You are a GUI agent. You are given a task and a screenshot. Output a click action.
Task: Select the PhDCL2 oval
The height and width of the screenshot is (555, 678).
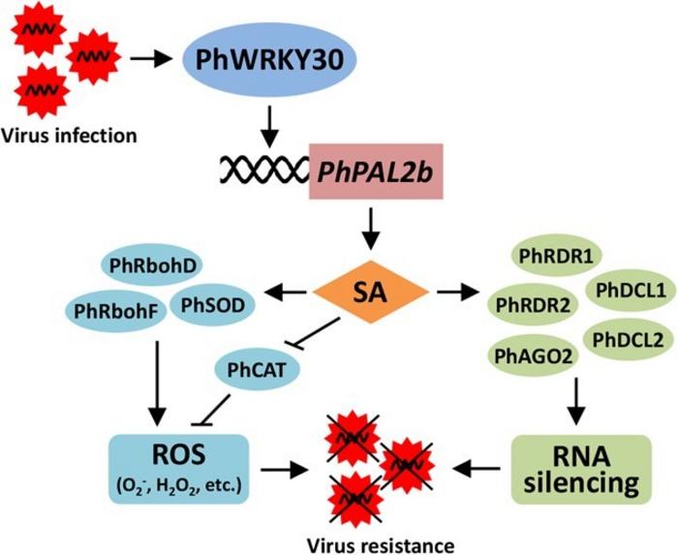(x=621, y=340)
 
